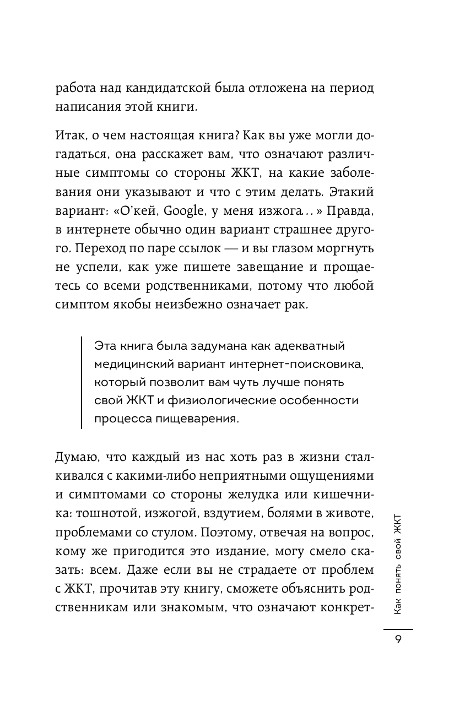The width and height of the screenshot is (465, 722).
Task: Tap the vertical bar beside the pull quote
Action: coord(82,383)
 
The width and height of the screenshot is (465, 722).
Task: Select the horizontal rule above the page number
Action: coord(398,628)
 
